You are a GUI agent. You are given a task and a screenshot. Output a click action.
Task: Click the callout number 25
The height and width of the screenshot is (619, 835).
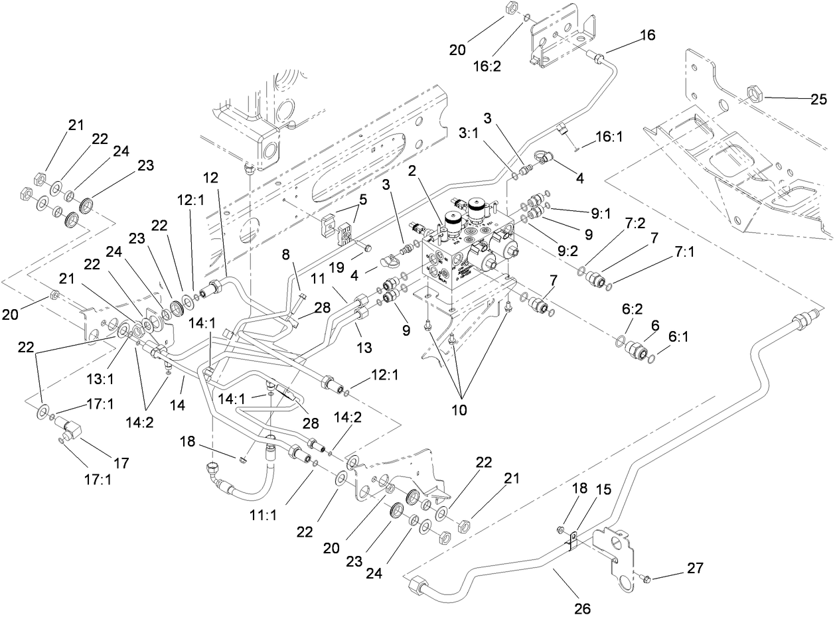818,100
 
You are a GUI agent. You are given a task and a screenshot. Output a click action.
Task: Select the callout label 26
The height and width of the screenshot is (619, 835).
583,607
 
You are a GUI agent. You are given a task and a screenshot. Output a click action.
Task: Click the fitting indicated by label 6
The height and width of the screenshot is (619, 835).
640,348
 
